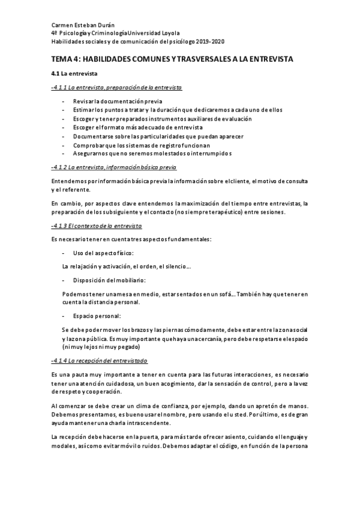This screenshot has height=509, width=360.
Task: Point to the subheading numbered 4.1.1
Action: tap(116, 88)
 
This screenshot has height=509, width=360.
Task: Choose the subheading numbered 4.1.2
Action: tap(114, 167)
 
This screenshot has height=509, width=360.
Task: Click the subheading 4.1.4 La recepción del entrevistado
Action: tap(100, 360)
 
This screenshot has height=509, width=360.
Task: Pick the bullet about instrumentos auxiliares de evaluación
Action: tap(162, 119)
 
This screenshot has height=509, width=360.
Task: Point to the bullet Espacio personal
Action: tap(96, 316)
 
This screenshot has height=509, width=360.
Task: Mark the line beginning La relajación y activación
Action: tap(126, 266)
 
